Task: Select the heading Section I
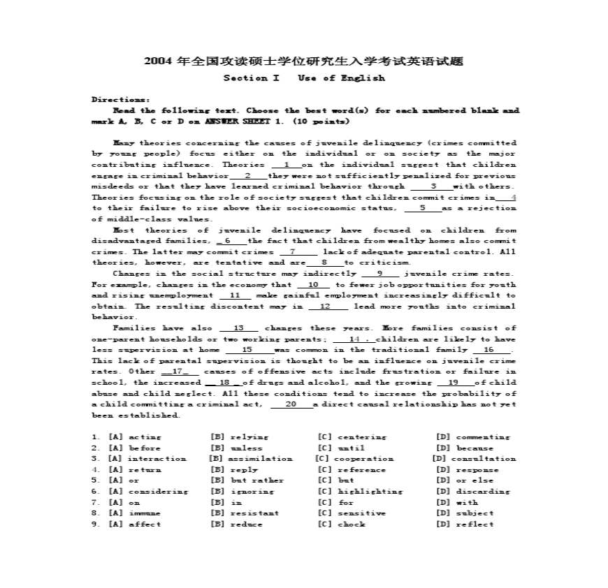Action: point(251,78)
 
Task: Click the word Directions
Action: point(120,100)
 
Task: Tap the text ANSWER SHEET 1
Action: point(228,122)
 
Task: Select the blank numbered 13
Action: point(239,328)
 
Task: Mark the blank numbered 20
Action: point(291,404)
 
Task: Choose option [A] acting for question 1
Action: point(134,437)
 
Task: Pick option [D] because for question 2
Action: point(465,448)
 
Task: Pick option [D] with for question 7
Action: point(456,502)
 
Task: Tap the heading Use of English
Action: point(341,78)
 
